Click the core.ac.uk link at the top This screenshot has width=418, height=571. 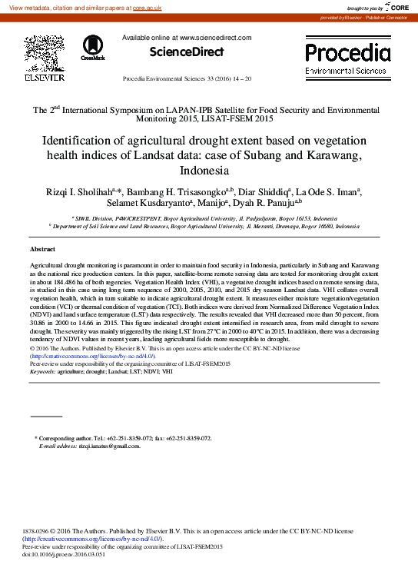tap(168, 7)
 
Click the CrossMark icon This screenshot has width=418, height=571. tap(92, 47)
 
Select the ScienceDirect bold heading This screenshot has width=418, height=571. tap(186, 52)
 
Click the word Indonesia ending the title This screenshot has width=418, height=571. tap(208, 171)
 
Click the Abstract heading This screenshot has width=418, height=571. tap(42, 251)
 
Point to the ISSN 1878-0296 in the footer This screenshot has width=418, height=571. tap(38, 531)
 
